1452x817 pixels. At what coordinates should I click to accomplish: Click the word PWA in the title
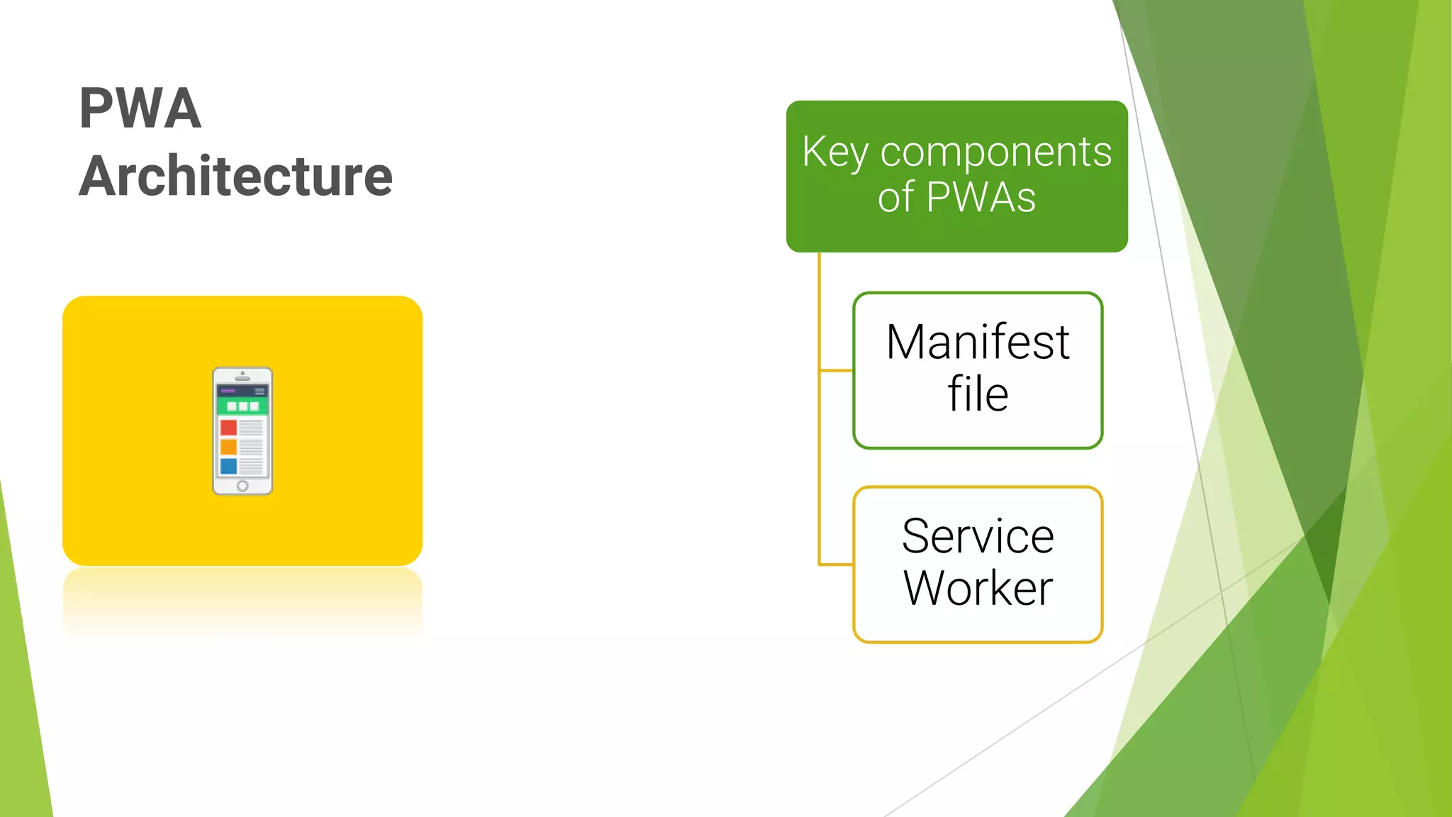click(140, 109)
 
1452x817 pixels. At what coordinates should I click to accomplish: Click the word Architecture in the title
click(235, 176)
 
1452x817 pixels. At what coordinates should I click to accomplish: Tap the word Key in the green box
click(834, 152)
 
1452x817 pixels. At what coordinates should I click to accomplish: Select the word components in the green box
click(995, 152)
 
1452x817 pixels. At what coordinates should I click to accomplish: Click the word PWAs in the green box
click(981, 197)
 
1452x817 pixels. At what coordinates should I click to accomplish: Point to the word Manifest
click(978, 343)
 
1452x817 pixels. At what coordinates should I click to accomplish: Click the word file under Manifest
click(978, 394)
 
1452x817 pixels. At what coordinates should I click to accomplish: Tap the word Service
click(978, 536)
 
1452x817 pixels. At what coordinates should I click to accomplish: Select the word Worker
click(978, 589)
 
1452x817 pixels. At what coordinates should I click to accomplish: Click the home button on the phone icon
click(242, 486)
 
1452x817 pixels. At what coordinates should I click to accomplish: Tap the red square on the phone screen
click(228, 428)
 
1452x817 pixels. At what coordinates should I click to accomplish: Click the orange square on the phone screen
click(228, 447)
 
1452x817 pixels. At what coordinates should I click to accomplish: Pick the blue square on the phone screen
click(228, 466)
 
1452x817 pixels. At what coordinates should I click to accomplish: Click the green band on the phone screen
click(242, 406)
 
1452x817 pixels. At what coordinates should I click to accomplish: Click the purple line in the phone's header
click(228, 390)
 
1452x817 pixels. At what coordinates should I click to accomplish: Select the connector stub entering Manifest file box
click(837, 370)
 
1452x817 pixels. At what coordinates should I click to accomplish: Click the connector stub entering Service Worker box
click(837, 565)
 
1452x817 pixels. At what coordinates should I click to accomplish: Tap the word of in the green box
click(895, 197)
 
